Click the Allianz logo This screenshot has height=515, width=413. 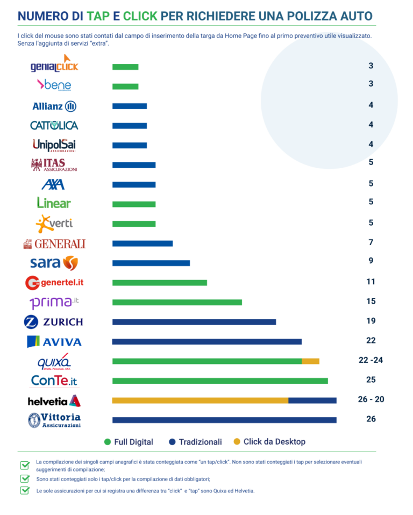click(x=54, y=106)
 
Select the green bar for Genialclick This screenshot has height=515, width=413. click(x=125, y=67)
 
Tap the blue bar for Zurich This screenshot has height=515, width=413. click(x=194, y=322)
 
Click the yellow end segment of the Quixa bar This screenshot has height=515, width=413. click(x=310, y=361)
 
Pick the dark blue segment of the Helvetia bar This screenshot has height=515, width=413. click(x=312, y=400)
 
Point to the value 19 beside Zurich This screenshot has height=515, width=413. click(x=371, y=321)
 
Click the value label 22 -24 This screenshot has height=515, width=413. click(x=371, y=360)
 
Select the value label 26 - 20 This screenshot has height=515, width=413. click(x=371, y=399)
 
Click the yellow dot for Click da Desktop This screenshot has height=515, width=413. click(x=237, y=442)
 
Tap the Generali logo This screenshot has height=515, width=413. click(x=54, y=244)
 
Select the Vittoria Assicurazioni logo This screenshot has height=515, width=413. click(x=54, y=420)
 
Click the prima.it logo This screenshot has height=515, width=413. click(x=54, y=302)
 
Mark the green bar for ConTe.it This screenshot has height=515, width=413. click(x=220, y=381)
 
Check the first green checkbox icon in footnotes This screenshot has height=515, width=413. click(x=25, y=464)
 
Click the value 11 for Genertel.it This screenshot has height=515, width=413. click(x=371, y=282)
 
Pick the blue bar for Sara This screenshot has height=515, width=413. click(x=151, y=263)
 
